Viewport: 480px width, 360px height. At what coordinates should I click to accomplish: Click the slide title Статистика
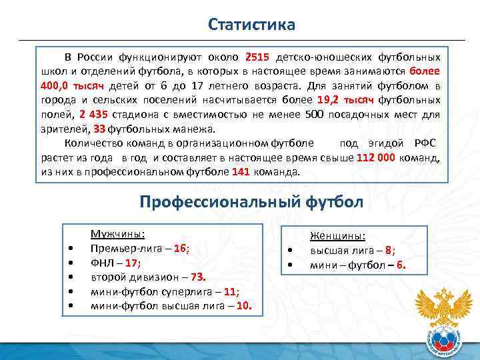(x=251, y=25)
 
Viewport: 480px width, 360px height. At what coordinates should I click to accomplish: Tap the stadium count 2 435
(x=91, y=114)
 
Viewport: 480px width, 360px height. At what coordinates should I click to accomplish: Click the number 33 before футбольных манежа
(x=99, y=129)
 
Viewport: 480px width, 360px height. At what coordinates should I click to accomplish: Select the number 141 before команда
(x=240, y=172)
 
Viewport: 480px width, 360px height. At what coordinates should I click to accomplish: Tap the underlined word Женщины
(x=337, y=236)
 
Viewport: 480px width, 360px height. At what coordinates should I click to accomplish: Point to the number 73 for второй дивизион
(x=197, y=277)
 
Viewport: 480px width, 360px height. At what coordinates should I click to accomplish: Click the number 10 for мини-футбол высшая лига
(x=244, y=306)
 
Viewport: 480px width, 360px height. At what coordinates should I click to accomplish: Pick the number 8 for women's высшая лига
(x=389, y=251)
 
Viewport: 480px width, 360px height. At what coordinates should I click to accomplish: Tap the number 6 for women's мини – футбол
(x=400, y=266)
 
